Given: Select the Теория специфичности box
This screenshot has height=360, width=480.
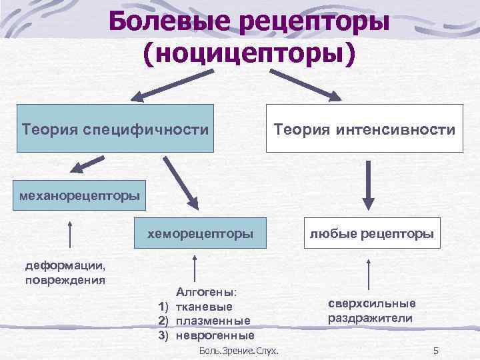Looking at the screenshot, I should [x=115, y=128].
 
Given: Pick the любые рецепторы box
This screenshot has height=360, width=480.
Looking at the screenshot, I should [x=371, y=234].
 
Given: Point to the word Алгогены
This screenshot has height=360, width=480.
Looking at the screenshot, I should [x=211, y=292].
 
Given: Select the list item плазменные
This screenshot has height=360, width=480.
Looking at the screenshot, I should [x=213, y=321].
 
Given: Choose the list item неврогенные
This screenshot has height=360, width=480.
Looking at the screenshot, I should [x=215, y=335].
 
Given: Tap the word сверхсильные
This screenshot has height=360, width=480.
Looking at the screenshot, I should [x=371, y=304].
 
